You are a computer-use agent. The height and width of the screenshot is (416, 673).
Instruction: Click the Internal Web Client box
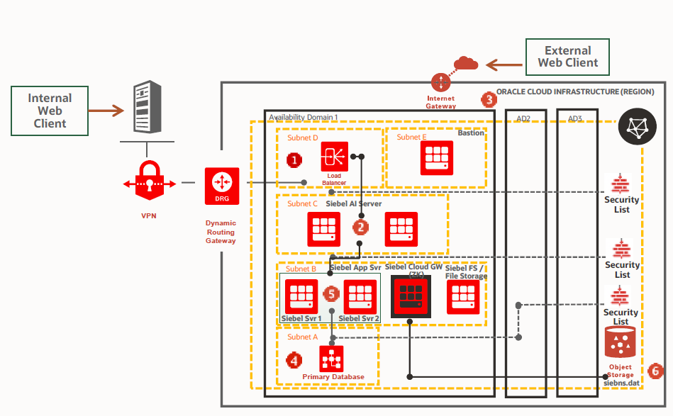(50, 111)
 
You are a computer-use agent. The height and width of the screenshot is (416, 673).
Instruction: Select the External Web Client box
(567, 57)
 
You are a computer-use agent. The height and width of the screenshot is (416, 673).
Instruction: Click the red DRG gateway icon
(222, 183)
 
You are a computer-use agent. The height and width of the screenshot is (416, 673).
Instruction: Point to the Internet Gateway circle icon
(442, 79)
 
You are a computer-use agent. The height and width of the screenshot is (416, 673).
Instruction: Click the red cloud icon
(466, 63)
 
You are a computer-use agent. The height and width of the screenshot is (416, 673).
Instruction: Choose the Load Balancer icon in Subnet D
(334, 157)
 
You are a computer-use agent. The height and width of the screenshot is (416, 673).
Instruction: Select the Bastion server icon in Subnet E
(437, 157)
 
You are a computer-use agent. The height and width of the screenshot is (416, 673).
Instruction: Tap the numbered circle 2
(362, 227)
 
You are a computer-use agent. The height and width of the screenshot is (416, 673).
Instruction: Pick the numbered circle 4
(294, 359)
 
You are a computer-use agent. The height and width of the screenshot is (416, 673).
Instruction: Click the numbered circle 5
(331, 293)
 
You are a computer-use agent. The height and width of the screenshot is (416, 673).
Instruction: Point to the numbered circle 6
(655, 370)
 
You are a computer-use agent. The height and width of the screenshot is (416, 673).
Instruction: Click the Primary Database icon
(331, 359)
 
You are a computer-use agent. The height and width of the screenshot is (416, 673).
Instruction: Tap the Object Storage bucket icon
(620, 342)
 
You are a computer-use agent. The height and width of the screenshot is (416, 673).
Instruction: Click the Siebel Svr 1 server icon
(301, 296)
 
